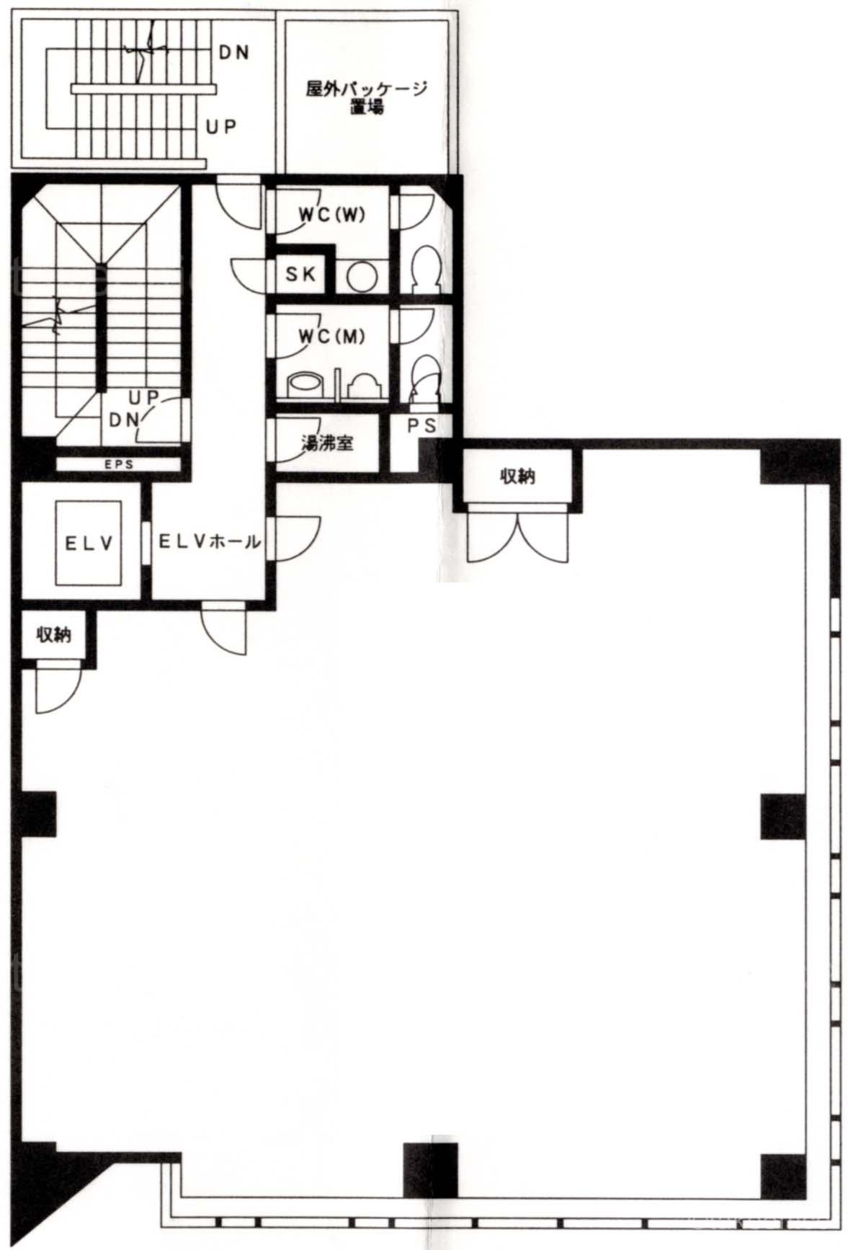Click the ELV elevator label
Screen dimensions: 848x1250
point(89,543)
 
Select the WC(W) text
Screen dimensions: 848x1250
point(332,214)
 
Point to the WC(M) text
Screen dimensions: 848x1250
point(331,336)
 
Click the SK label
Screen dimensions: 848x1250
point(300,274)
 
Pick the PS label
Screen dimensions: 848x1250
point(421,426)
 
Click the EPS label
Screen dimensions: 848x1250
point(119,465)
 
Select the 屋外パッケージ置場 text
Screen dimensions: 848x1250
point(367,98)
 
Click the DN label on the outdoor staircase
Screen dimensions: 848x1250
point(233,53)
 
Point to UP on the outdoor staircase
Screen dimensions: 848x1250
point(221,127)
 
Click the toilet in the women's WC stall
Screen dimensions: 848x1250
point(424,270)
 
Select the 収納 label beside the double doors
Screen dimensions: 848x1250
point(517,476)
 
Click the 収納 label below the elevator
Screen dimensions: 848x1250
point(54,634)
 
